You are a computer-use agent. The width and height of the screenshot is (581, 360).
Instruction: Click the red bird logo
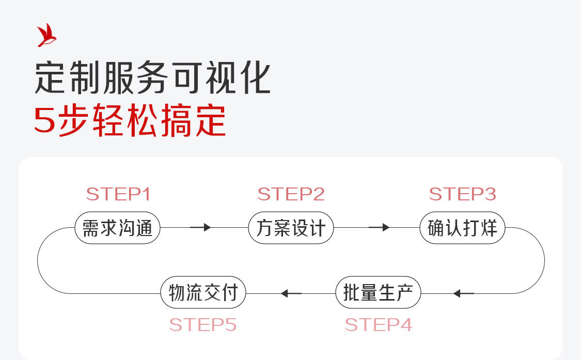click(x=46, y=35)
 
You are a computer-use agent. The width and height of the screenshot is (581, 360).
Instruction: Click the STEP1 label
click(x=118, y=194)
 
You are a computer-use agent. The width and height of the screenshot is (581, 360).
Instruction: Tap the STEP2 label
click(x=291, y=194)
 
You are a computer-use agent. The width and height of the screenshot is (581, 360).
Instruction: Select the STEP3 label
click(x=462, y=194)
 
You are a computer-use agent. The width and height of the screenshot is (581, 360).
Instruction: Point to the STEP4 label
click(x=379, y=325)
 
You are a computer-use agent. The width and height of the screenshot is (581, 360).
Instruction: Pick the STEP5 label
click(x=202, y=325)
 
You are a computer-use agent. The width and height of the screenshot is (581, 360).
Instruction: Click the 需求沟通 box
click(x=117, y=228)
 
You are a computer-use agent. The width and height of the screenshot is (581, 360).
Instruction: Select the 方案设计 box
click(x=291, y=228)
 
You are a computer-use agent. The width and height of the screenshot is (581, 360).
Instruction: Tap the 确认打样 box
click(x=462, y=228)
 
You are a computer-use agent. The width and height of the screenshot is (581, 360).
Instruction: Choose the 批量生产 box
click(x=379, y=292)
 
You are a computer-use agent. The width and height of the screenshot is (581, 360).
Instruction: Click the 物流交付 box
click(x=203, y=292)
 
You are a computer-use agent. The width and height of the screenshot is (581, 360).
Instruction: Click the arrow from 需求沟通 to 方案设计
click(x=200, y=227)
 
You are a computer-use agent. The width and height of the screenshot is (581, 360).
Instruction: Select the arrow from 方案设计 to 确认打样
click(x=379, y=227)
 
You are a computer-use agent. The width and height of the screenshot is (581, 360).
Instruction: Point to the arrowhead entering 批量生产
click(x=457, y=294)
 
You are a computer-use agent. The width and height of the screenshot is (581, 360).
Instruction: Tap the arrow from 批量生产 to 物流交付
click(x=291, y=294)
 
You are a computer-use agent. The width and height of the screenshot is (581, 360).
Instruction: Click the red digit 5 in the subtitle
click(x=44, y=120)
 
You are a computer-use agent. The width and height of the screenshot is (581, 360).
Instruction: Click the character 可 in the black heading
click(x=187, y=77)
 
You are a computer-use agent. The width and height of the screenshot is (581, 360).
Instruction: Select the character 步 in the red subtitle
click(x=73, y=120)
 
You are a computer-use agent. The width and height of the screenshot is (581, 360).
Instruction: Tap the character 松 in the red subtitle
click(x=143, y=120)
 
